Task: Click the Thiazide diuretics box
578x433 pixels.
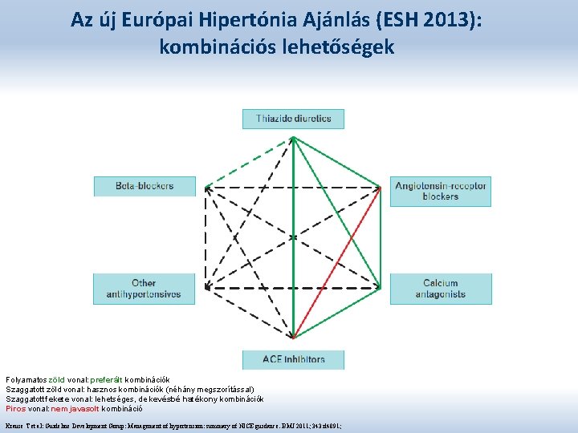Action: point(293,119)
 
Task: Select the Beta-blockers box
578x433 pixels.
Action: point(144,186)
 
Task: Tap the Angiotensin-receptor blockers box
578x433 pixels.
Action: point(440,191)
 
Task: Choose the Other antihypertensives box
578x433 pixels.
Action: point(144,289)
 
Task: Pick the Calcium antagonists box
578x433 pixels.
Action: point(440,289)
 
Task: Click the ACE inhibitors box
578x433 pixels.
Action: point(293,358)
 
